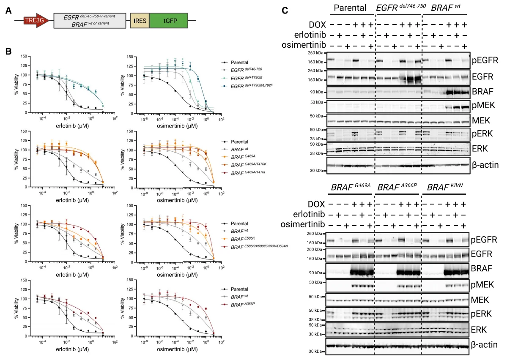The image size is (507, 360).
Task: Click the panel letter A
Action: [8, 11]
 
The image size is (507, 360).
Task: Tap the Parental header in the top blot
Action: [350, 8]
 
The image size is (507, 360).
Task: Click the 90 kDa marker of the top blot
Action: [317, 92]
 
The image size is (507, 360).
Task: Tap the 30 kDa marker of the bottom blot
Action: [317, 351]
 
